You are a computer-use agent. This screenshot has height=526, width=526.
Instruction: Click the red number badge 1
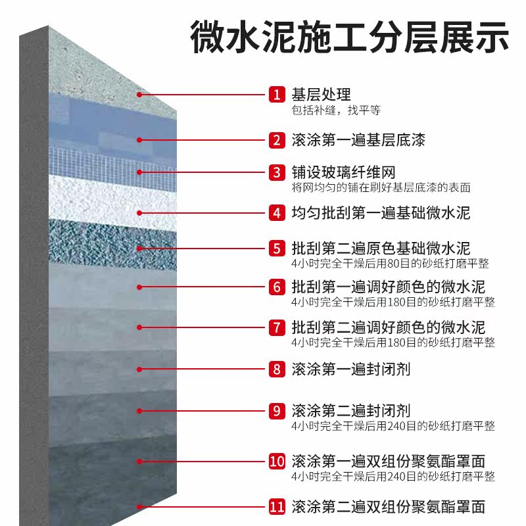276,95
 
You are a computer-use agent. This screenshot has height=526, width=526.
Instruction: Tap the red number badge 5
276,249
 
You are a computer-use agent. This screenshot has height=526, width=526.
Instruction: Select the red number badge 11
277,507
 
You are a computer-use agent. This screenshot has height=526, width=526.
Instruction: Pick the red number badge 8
276,369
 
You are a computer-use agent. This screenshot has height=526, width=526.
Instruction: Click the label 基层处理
321,95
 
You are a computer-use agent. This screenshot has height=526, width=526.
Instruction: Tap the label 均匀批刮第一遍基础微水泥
381,212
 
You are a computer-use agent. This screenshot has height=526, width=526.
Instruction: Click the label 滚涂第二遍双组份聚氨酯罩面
388,507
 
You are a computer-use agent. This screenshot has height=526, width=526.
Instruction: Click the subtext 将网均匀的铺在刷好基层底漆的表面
381,187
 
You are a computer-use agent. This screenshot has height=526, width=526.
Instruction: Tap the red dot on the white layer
140,212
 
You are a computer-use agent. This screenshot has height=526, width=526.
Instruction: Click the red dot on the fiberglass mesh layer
140,173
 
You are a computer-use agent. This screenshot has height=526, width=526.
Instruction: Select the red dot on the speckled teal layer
140,249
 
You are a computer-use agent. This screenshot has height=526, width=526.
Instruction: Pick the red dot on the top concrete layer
140,95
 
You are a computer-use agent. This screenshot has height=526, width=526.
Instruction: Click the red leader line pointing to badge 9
204,411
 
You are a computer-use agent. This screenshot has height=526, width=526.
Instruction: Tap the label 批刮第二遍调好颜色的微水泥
388,327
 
